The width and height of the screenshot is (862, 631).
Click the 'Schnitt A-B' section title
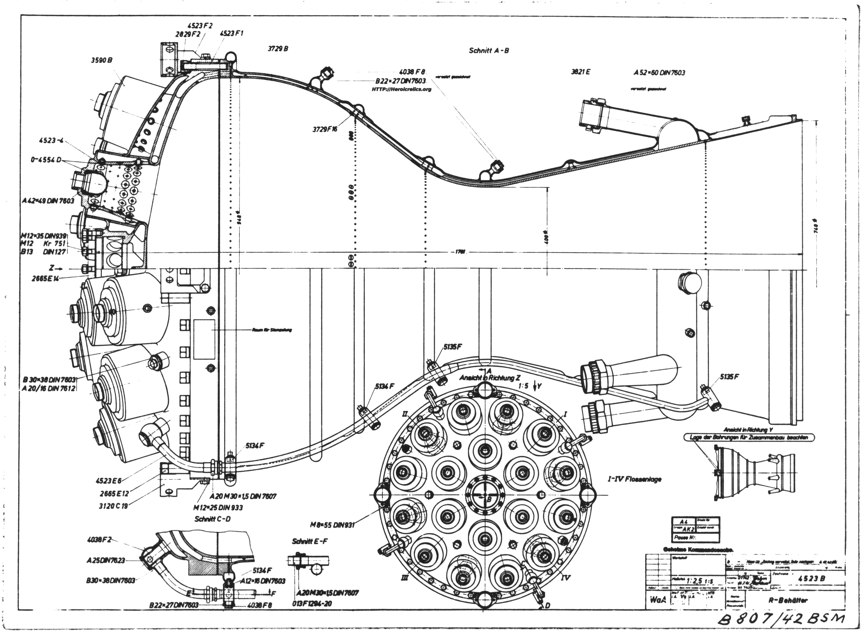pos(489,50)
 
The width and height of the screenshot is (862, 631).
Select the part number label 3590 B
pos(102,60)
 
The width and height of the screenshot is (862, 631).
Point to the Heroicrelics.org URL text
pos(401,89)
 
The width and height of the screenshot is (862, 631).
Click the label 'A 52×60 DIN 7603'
pos(659,73)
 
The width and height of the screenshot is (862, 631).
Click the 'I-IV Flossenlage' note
pos(634,479)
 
